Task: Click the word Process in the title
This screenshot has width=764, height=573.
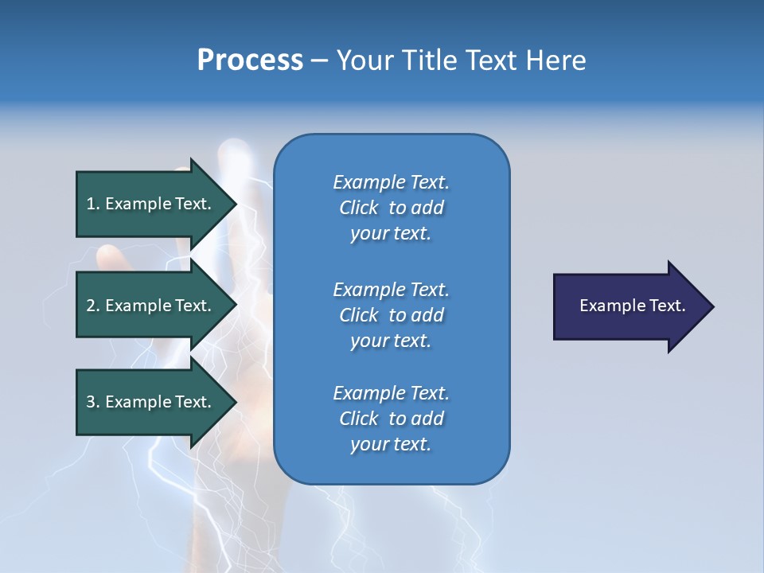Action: (x=250, y=60)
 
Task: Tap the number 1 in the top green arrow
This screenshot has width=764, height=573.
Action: (x=91, y=204)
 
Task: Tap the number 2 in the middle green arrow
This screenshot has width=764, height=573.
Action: (x=91, y=306)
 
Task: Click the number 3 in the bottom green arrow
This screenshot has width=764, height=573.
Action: (x=91, y=402)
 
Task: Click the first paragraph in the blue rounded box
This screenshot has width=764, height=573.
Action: (x=391, y=208)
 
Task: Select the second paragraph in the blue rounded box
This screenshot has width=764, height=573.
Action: (x=391, y=315)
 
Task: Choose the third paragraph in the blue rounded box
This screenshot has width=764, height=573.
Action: (x=391, y=419)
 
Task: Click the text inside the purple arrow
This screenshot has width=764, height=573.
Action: (x=632, y=306)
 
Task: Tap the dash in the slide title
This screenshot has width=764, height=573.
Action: (x=319, y=61)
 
